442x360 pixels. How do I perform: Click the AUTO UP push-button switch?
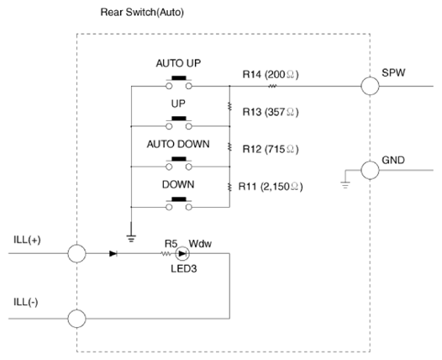pos(179,82)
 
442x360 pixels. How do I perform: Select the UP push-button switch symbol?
pos(179,123)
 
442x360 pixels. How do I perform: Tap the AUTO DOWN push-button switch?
pos(179,163)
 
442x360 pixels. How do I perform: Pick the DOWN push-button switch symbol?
pos(179,204)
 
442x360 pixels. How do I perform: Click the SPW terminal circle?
pos(370,86)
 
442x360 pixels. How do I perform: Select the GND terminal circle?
pos(370,170)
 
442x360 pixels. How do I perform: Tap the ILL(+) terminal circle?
pos(76,253)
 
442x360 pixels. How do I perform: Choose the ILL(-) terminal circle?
pos(76,319)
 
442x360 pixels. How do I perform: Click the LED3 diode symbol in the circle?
pos(182,253)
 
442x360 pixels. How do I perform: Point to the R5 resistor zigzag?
pos(166,254)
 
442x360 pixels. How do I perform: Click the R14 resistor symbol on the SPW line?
pos(272,86)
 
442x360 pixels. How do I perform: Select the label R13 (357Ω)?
pos(271,112)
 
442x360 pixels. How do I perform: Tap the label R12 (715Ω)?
pos(271,149)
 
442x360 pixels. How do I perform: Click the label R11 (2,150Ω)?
pos(271,187)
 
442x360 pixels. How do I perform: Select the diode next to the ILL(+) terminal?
pos(113,253)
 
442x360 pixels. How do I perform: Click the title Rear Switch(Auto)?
pos(142,12)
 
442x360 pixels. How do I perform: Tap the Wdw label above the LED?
pos(200,243)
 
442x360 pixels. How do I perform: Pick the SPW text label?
pos(393,72)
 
